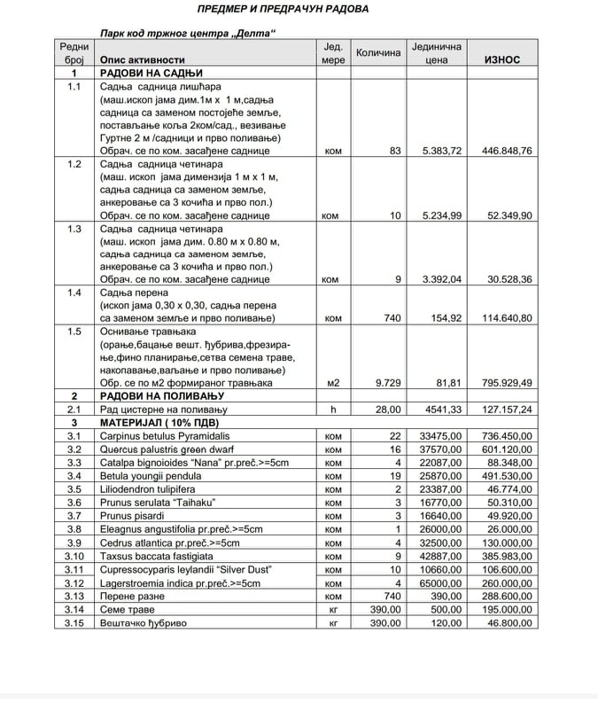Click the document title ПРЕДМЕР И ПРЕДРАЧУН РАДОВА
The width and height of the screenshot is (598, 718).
pyautogui.click(x=283, y=9)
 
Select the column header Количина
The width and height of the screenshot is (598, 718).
pyautogui.click(x=378, y=53)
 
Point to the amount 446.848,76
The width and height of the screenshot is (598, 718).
pyautogui.click(x=501, y=151)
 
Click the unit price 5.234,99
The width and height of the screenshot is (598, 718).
pyautogui.click(x=438, y=215)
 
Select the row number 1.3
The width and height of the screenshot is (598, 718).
pyautogui.click(x=74, y=229)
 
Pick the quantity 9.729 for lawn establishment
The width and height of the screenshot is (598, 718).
pyautogui.click(x=387, y=383)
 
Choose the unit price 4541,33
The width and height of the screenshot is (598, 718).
pyautogui.click(x=438, y=410)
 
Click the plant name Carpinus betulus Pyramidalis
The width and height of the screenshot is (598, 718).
pyautogui.click(x=164, y=436)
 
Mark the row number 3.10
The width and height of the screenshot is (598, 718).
pyautogui.click(x=74, y=556)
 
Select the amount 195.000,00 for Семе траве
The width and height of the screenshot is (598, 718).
pyautogui.click(x=501, y=610)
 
